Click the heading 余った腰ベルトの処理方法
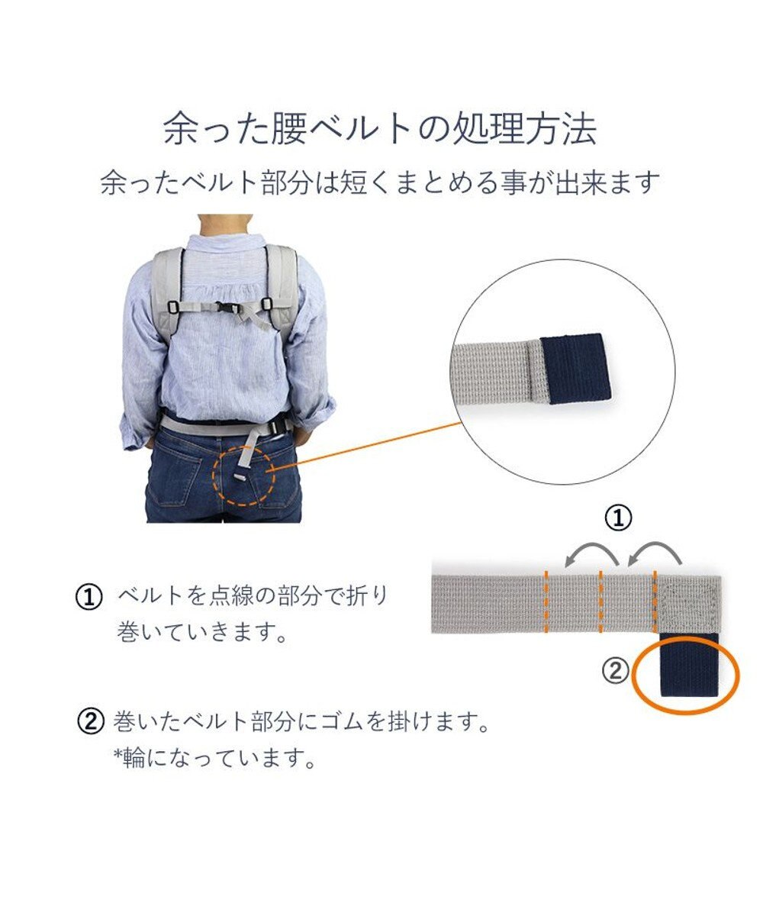coord(380,128)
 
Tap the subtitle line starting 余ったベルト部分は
coord(380,182)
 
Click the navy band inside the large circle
coord(575,369)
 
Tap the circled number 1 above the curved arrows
coord(618,518)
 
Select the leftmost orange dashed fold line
coord(546,602)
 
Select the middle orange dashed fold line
coord(600,602)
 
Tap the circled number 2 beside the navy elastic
coord(615,671)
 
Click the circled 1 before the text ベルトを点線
coord(89,598)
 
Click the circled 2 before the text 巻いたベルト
coord(90,722)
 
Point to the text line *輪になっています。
coord(215,758)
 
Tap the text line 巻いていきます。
coord(202,633)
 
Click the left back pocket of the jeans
coord(175,477)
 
